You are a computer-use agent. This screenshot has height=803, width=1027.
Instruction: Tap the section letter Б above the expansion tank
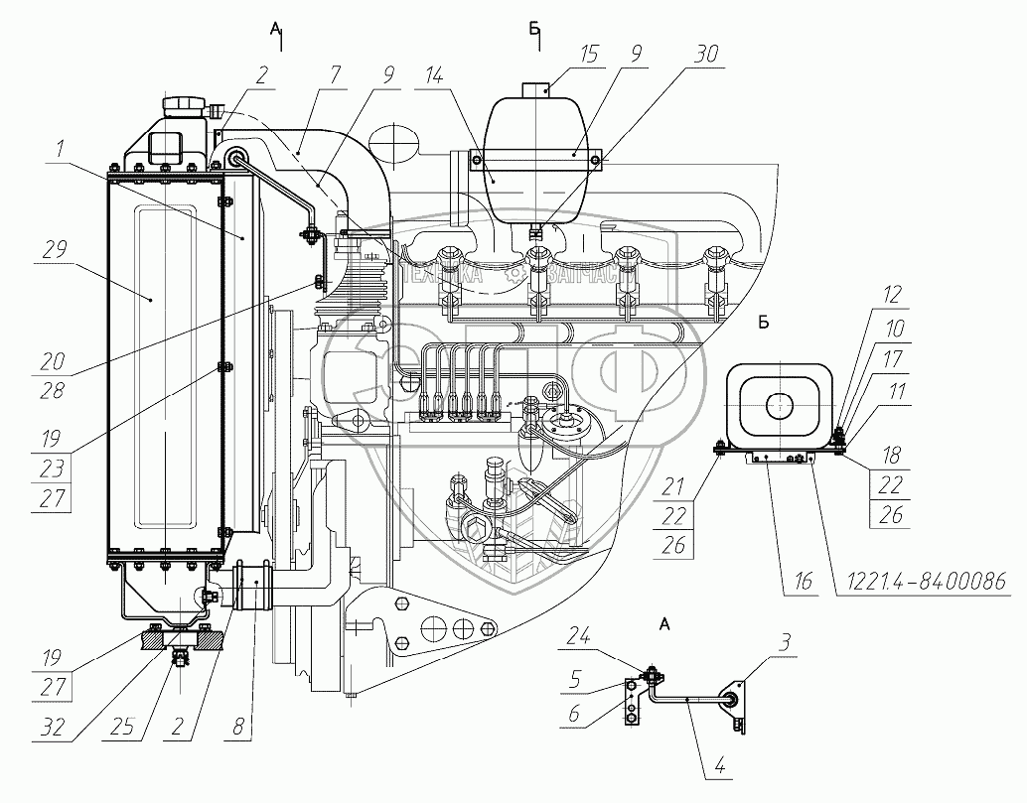[536, 31]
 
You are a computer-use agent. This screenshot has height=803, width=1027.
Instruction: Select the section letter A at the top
[275, 31]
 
